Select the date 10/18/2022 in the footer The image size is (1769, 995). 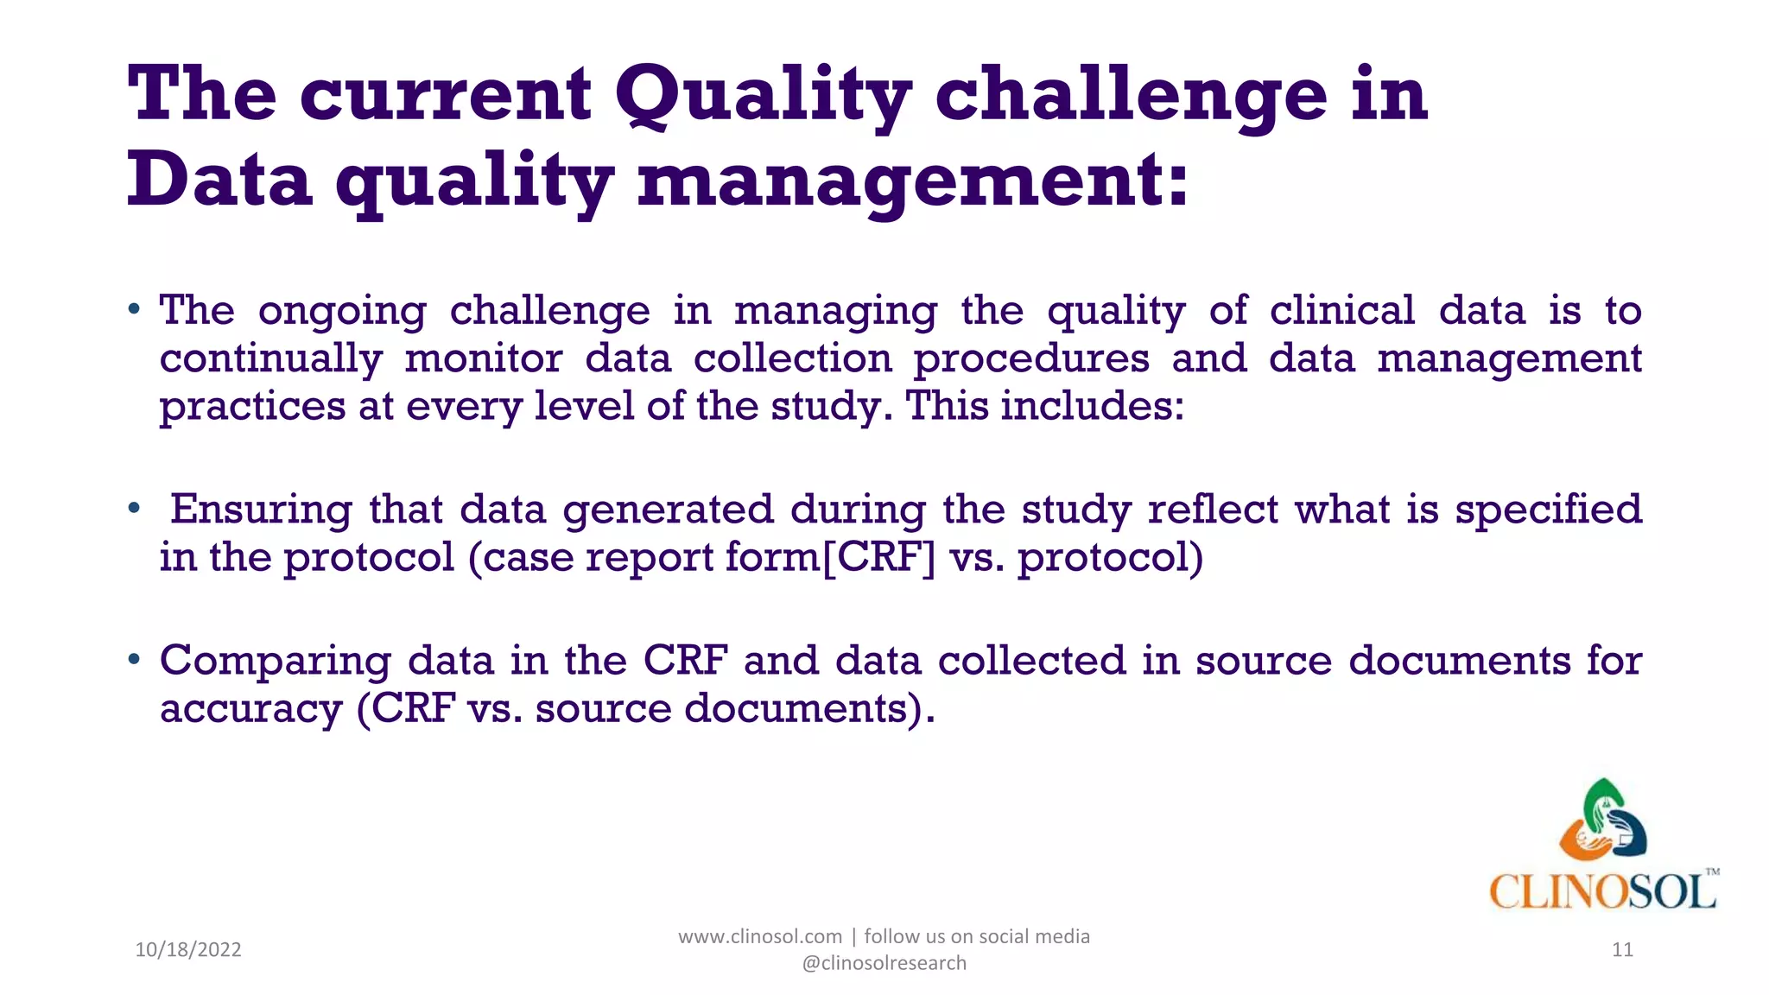click(188, 950)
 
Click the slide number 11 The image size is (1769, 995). click(1622, 950)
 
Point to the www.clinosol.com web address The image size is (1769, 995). click(759, 936)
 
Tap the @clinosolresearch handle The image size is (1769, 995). click(884, 963)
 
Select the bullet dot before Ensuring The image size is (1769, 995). click(134, 508)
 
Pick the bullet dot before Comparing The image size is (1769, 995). click(134, 660)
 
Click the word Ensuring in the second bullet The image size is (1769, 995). click(261, 510)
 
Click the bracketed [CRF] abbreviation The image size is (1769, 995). click(878, 557)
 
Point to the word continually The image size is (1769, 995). click(270, 358)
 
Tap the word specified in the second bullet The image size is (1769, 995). click(1548, 510)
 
